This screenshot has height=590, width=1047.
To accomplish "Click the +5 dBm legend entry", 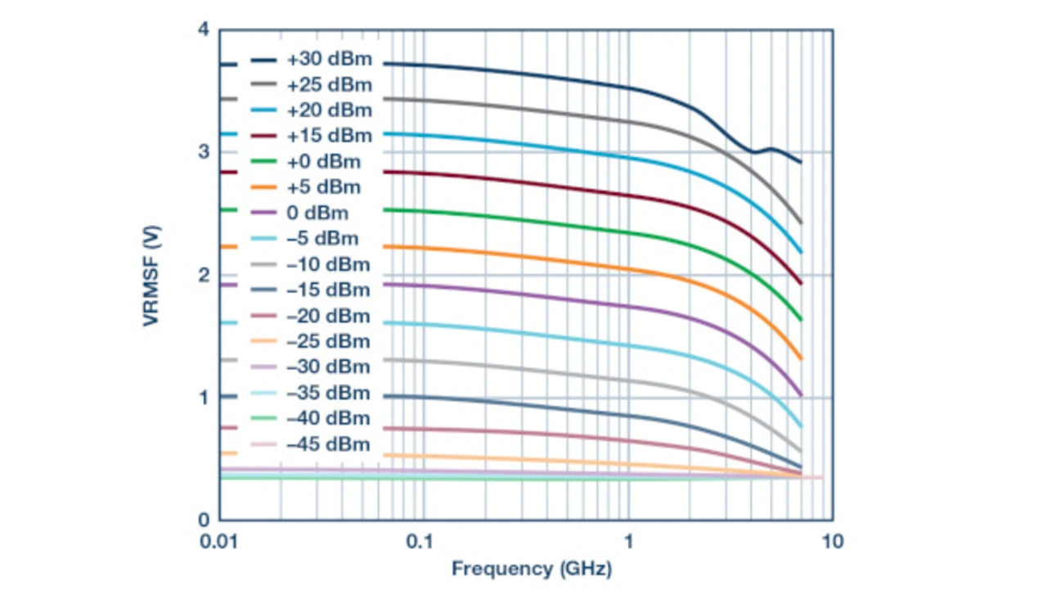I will pos(323,187).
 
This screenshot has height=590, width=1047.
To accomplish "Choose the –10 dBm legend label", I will pos(328,265).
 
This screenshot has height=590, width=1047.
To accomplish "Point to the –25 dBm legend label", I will pos(328,341).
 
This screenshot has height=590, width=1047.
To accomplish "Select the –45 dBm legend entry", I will pos(328,444).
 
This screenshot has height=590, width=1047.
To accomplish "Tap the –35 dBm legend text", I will pos(328,393).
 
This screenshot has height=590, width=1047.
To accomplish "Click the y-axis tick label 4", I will pos(203,31).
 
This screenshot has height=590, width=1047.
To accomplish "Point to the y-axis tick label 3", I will pos(203,153).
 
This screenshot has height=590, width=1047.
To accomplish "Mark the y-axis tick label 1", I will pos(203,398).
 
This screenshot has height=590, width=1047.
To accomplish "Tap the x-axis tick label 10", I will pos(832,542).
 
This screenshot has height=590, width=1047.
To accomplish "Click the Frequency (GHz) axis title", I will pos(532,568).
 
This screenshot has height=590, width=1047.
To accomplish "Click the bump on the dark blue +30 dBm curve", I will pos(771,149).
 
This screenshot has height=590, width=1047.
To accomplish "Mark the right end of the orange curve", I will pos(800,358).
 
